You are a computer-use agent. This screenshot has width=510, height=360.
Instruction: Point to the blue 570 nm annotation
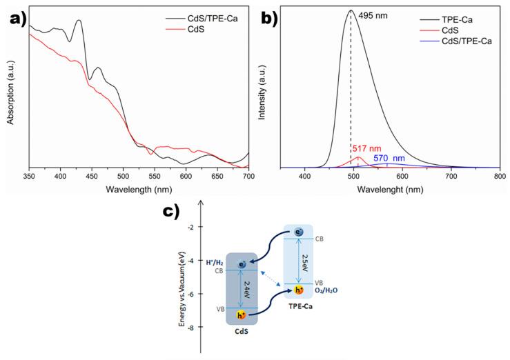pyautogui.click(x=390, y=158)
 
